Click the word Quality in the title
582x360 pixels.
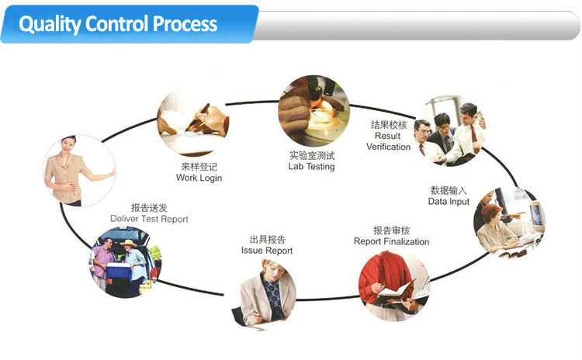click(50, 24)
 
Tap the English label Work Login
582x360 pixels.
click(199, 178)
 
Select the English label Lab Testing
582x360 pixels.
click(311, 167)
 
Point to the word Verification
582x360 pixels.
click(388, 147)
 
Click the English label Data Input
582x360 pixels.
click(449, 202)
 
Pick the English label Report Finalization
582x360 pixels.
click(391, 241)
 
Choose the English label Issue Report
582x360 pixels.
click(267, 251)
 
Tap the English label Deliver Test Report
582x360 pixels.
click(149, 219)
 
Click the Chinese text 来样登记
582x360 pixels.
click(199, 167)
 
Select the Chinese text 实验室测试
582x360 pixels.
click(312, 155)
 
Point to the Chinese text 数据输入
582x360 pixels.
click(449, 190)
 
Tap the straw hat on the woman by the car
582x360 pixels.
click(128, 243)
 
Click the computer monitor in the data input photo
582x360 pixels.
click(536, 214)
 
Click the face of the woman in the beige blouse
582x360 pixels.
click(69, 145)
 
